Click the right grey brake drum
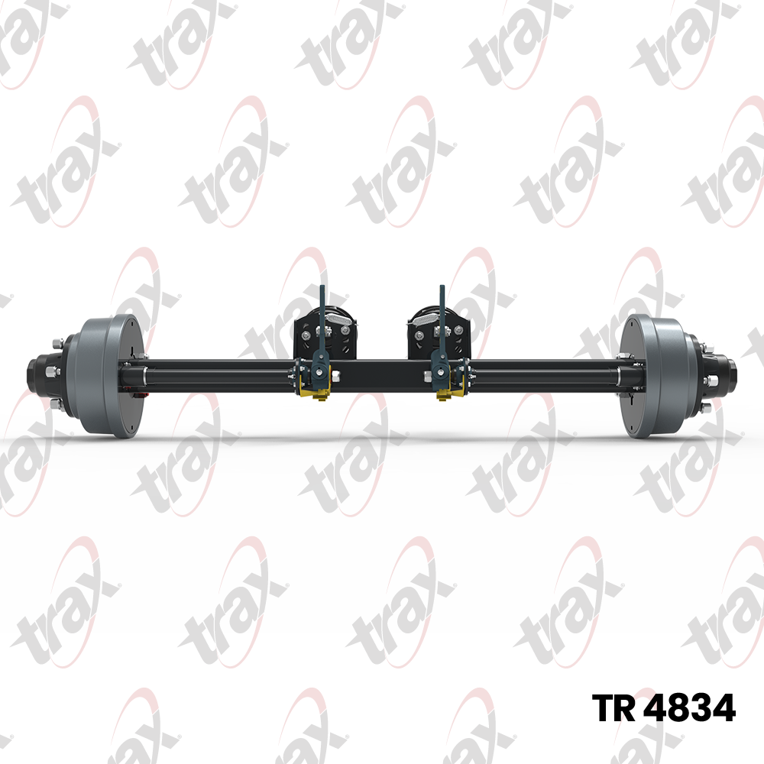(655, 376)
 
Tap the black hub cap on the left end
(37, 376)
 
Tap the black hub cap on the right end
(727, 376)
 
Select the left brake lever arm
(322, 332)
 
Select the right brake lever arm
(442, 332)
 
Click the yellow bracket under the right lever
(448, 393)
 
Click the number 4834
(689, 708)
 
